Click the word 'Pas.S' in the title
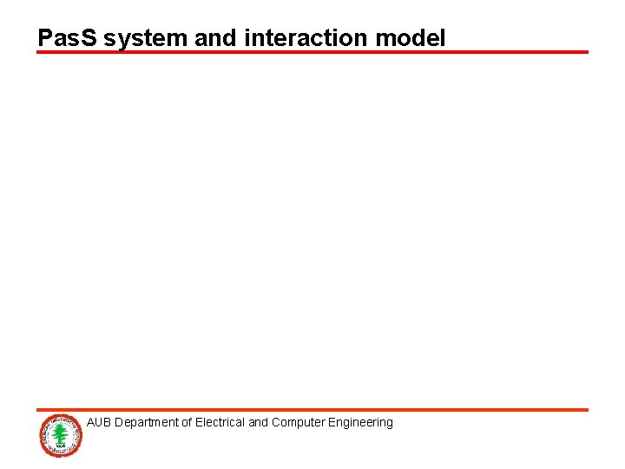[68, 38]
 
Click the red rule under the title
[312, 52]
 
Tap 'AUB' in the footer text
[99, 423]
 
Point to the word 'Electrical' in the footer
[220, 423]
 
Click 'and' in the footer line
[259, 423]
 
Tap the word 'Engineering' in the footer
[359, 423]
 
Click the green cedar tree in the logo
[60, 433]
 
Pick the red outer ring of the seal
[43, 434]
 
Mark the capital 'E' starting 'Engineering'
[328, 423]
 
